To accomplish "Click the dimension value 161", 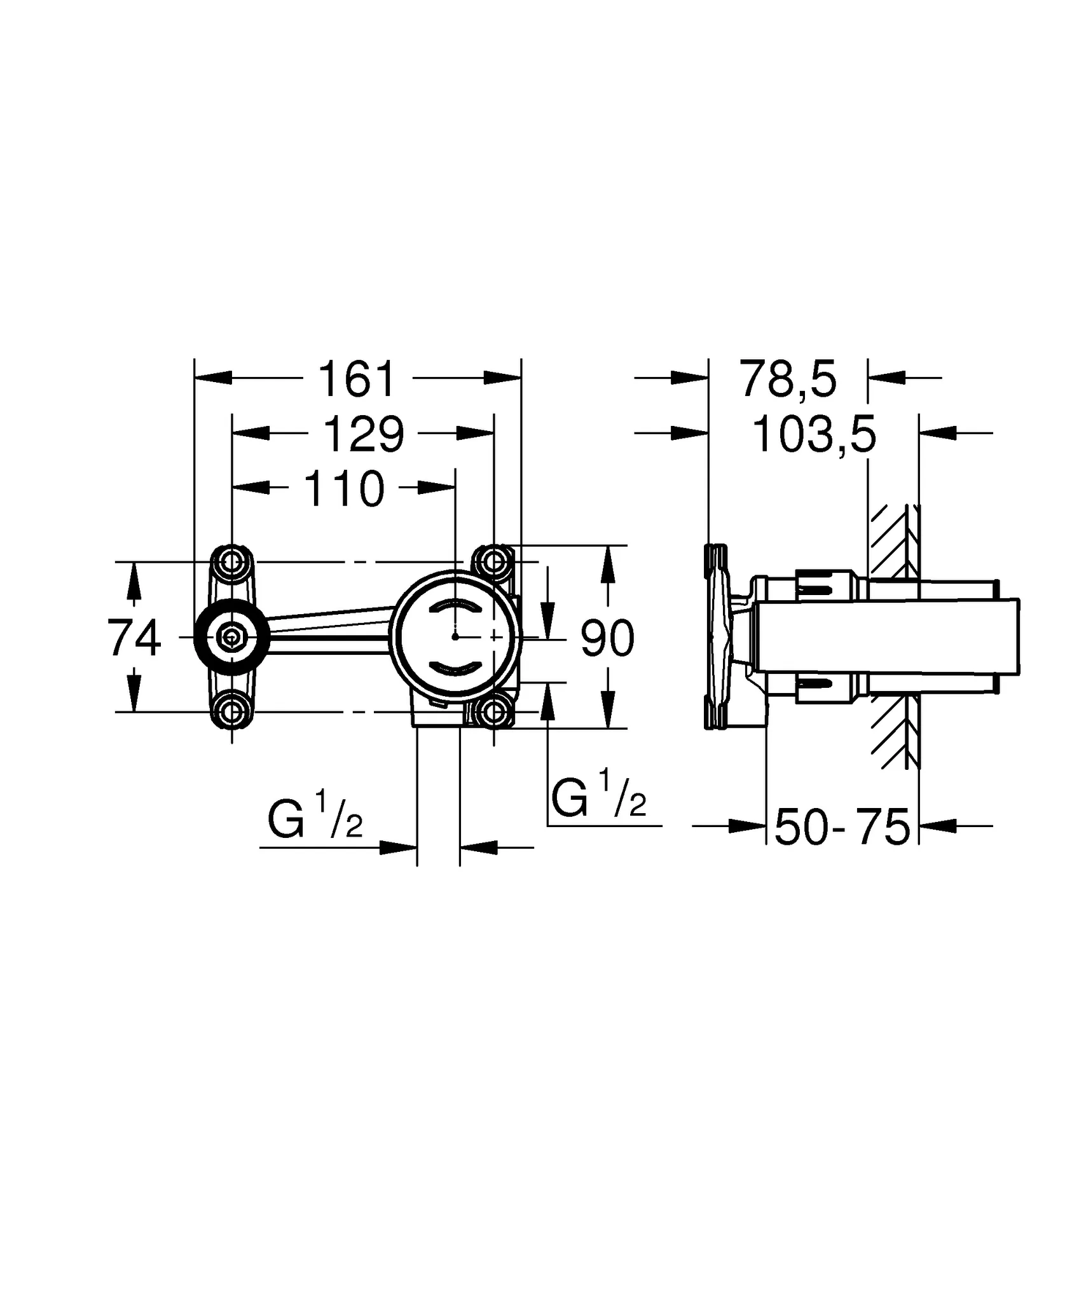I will (357, 380).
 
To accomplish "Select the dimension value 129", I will (364, 435).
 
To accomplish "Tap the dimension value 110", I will (345, 489).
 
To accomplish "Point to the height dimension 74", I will (134, 638).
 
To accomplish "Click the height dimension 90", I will (607, 638).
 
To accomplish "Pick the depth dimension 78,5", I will (788, 380).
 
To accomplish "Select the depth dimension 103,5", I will (814, 435).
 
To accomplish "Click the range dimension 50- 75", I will (842, 827).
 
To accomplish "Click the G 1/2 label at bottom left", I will (315, 820).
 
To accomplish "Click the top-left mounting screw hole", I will (232, 561).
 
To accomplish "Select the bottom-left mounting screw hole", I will (232, 712).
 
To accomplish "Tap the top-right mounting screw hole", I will (494, 561).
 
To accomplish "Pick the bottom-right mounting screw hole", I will (494, 712).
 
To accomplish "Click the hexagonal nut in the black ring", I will (231, 636).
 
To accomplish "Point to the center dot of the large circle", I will (455, 636).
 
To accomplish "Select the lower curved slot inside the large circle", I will (455, 666).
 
